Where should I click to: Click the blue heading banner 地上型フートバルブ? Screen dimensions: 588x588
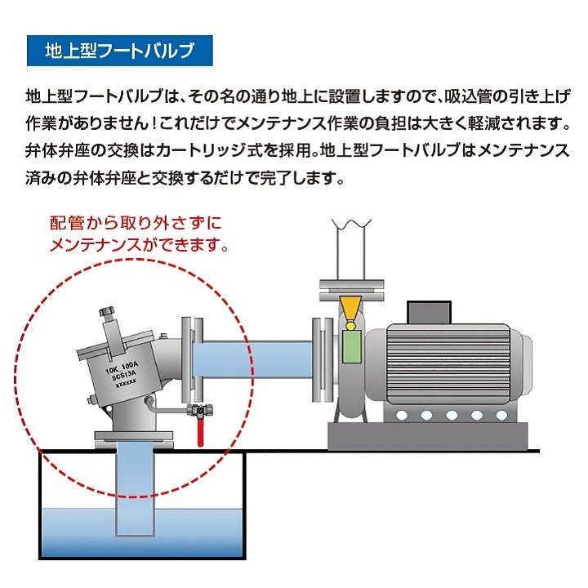[x=120, y=51]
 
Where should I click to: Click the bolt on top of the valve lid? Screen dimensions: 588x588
[x=107, y=314]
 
